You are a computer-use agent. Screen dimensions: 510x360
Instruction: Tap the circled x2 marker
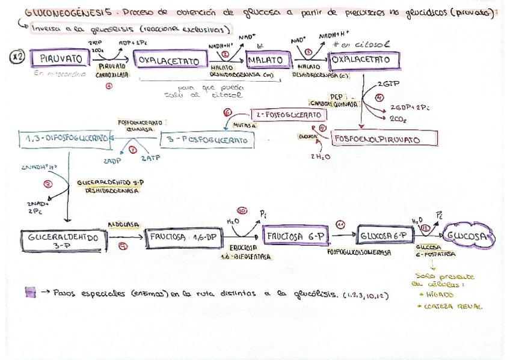pyautogui.click(x=17, y=57)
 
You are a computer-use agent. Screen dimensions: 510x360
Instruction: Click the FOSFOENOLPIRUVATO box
pyautogui.click(x=376, y=139)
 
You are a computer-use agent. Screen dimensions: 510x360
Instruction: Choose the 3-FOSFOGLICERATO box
pyautogui.click(x=207, y=140)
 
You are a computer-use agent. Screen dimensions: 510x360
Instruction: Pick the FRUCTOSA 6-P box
pyautogui.click(x=295, y=237)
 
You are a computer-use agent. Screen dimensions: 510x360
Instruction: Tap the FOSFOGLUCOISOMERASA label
pyautogui.click(x=359, y=252)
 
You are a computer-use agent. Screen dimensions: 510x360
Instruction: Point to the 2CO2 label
pyautogui.click(x=398, y=119)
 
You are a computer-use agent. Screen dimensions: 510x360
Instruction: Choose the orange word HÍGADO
pyautogui.click(x=438, y=295)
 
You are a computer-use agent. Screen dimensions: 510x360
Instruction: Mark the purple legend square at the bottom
pyautogui.click(x=30, y=293)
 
